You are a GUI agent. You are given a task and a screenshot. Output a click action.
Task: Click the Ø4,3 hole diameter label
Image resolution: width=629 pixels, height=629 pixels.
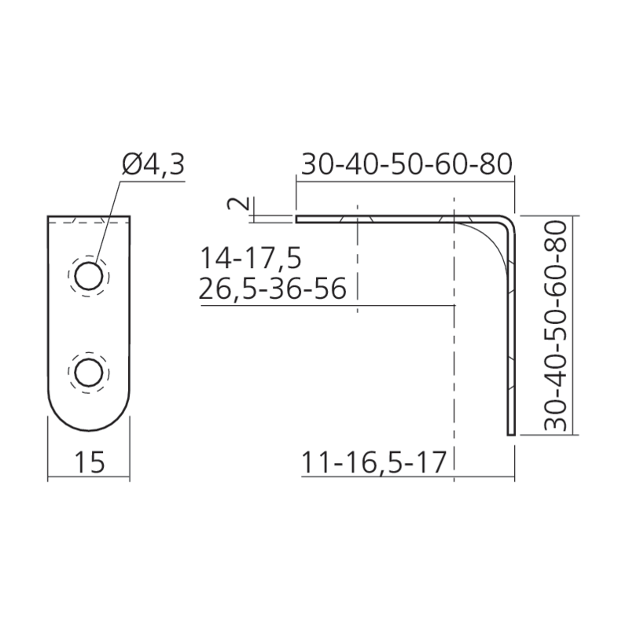(153, 164)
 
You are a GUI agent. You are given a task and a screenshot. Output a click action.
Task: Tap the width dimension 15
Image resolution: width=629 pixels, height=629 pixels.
(90, 462)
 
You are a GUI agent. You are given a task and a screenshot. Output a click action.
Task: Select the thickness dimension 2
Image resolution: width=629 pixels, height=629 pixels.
(238, 203)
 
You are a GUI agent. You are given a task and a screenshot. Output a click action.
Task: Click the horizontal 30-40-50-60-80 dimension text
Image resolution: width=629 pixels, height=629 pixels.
(406, 164)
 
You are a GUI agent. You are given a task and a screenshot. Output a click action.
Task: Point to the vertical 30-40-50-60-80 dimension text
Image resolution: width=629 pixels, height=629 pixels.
(555, 325)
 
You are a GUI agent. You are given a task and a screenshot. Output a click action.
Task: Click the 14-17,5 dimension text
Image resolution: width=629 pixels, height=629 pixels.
(250, 258)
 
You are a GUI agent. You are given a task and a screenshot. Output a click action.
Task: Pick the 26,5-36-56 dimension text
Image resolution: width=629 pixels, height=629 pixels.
(272, 289)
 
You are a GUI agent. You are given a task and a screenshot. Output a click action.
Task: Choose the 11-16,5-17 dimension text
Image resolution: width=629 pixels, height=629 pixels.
(373, 462)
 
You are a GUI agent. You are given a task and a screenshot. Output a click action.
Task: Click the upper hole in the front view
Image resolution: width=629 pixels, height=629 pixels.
(89, 276)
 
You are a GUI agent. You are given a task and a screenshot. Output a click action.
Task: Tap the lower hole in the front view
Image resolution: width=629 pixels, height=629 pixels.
(89, 373)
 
